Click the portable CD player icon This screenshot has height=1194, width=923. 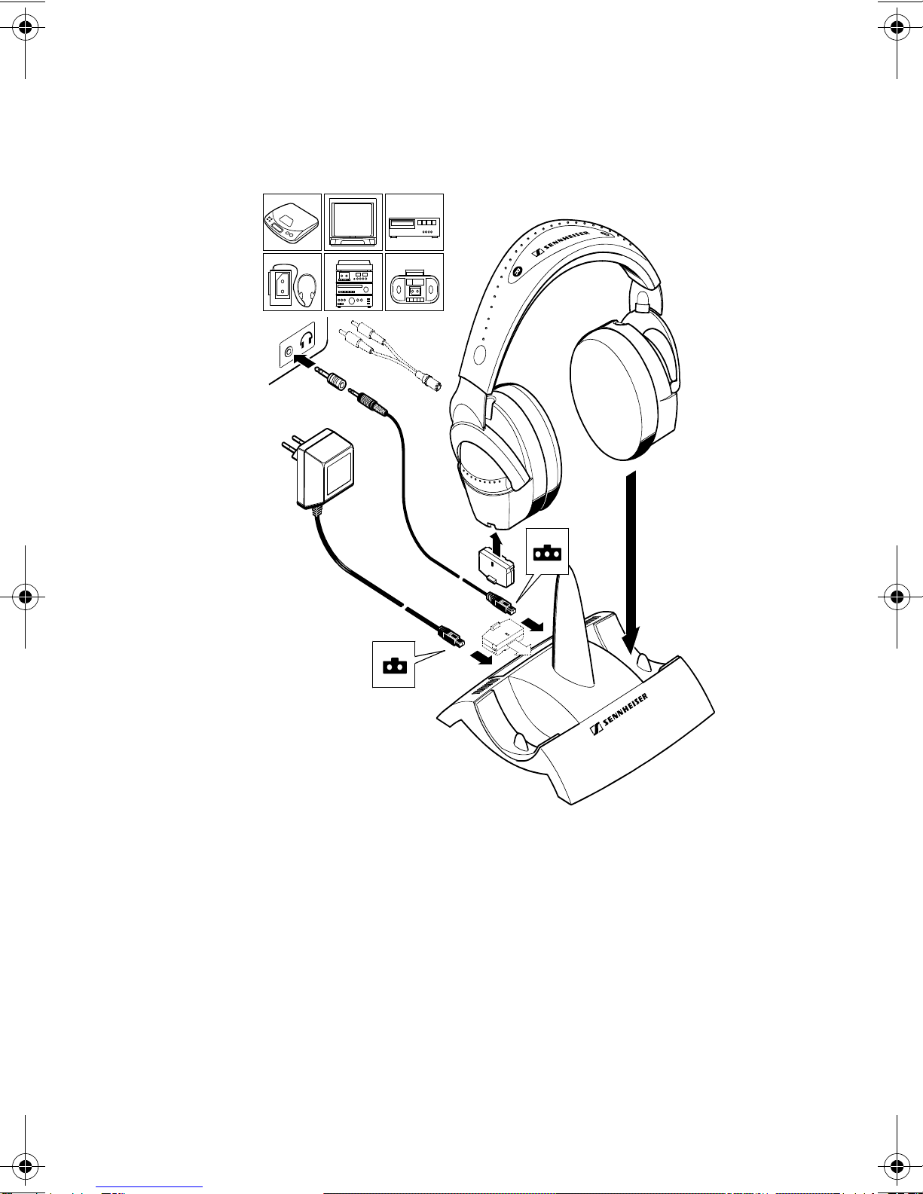coord(292,222)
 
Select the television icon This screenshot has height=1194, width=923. coord(353,222)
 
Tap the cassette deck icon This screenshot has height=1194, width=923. coord(414,222)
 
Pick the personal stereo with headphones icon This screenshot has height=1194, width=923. coord(292,282)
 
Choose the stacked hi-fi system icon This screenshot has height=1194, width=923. coord(353,282)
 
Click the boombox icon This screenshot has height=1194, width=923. coord(414,282)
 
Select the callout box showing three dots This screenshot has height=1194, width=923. coord(547,551)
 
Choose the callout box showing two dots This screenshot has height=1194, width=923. coord(393,664)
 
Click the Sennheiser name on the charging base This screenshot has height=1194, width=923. coord(619,714)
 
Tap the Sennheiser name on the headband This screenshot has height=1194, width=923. coord(561,243)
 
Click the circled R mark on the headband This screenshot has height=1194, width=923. coord(517,271)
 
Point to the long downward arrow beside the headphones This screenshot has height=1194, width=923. coord(631,561)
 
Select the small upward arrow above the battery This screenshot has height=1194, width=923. coord(497,543)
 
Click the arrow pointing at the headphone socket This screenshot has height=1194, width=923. coord(304,361)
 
